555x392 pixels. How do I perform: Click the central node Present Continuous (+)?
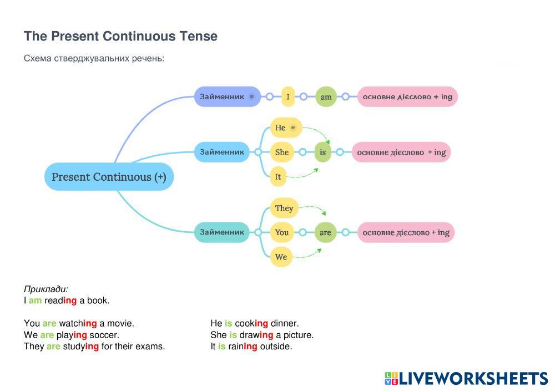pyautogui.click(x=109, y=177)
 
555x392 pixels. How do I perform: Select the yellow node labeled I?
pyautogui.click(x=287, y=96)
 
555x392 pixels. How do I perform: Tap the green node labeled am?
pyautogui.click(x=326, y=96)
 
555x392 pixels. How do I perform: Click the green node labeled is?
pyautogui.click(x=322, y=152)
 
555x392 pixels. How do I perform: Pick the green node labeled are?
pyautogui.click(x=325, y=232)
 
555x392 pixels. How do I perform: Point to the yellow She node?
pyautogui.click(x=281, y=152)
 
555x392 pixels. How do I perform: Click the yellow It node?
pyautogui.click(x=278, y=177)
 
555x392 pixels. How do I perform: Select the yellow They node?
pyautogui.click(x=284, y=208)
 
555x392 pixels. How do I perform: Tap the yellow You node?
pyautogui.click(x=282, y=232)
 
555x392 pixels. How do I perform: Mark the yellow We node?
pyautogui.click(x=281, y=257)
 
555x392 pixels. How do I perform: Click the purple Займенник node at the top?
pyautogui.click(x=227, y=96)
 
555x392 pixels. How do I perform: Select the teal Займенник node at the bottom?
pyautogui.click(x=222, y=232)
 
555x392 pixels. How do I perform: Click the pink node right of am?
pyautogui.click(x=407, y=96)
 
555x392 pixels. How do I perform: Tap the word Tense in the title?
pyautogui.click(x=198, y=37)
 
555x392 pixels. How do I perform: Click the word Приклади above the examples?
pyautogui.click(x=46, y=289)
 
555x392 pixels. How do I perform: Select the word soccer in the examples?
pyautogui.click(x=104, y=335)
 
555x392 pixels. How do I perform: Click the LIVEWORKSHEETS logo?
pyautogui.click(x=466, y=379)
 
